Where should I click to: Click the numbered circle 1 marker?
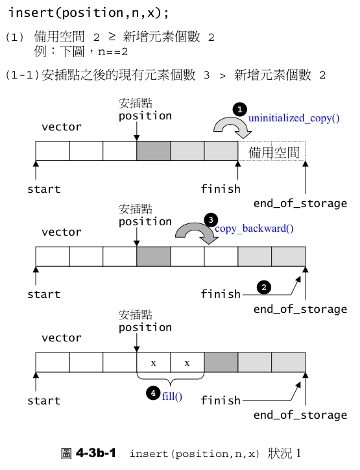[x=239, y=109]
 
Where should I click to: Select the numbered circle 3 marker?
[x=210, y=220]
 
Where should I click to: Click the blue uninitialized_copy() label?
[x=294, y=119]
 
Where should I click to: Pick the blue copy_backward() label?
[x=254, y=229]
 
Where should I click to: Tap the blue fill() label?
[x=171, y=395]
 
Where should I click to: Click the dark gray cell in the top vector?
[x=153, y=151]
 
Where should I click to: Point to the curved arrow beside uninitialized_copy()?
[x=233, y=127]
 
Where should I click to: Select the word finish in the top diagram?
[x=221, y=189]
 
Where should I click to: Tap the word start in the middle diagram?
[x=43, y=295]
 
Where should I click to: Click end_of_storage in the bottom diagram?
[x=300, y=415]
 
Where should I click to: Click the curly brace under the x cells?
[x=170, y=378]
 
